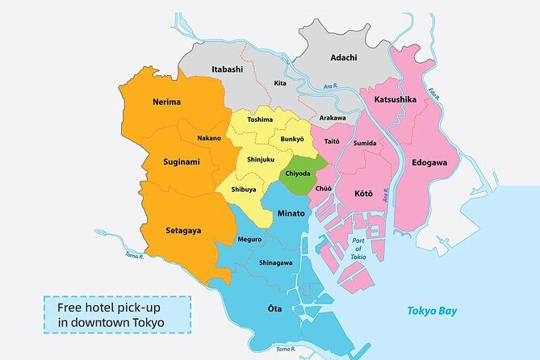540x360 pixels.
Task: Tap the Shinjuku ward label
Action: (x=261, y=160)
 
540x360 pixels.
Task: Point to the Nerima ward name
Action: (x=165, y=103)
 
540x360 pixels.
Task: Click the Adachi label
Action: (x=345, y=57)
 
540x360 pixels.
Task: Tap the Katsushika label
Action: (x=395, y=99)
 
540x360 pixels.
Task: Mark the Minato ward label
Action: (x=291, y=214)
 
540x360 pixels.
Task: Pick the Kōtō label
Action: (x=364, y=194)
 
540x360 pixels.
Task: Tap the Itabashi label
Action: (x=227, y=69)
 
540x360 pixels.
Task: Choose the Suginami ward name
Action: (x=170, y=161)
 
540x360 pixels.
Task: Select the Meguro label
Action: (x=249, y=240)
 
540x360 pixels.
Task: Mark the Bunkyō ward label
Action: (x=291, y=140)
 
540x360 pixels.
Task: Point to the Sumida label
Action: (x=365, y=143)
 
